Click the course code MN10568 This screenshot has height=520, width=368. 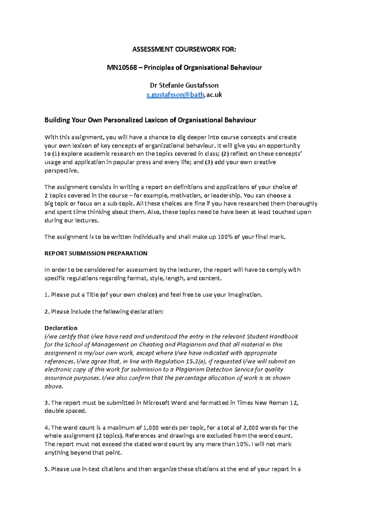pos(122,68)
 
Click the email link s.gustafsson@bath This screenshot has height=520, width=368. pos(175,95)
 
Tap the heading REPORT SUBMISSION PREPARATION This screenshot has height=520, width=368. pos(96,254)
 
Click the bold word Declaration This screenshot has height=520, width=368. pos(61,328)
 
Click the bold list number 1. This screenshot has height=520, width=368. pos(46,295)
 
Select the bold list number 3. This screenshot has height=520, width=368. pos(46,403)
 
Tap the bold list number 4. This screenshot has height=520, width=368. pos(46,428)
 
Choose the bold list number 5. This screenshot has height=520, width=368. pos(46,469)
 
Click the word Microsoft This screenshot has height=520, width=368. pos(156,403)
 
